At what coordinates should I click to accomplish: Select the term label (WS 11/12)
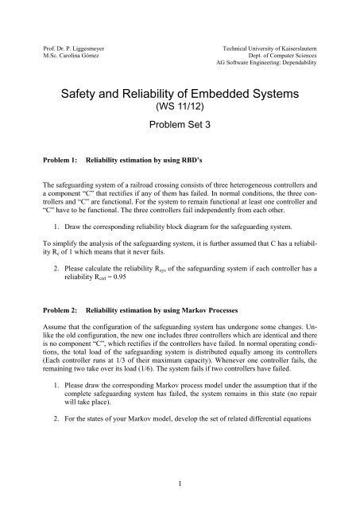click(180, 111)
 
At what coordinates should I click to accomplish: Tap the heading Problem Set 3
click(180, 130)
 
